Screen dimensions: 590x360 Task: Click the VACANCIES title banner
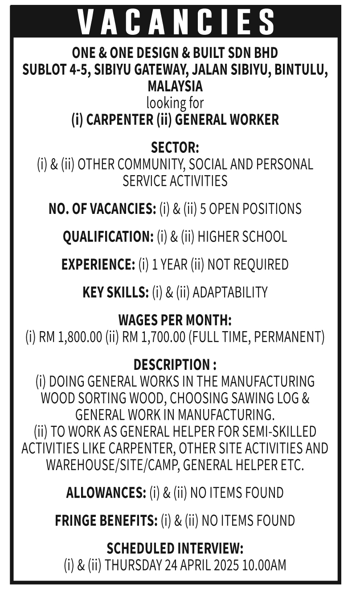(x=176, y=21)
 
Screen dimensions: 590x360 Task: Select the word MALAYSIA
(x=175, y=86)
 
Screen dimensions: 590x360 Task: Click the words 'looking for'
(x=175, y=103)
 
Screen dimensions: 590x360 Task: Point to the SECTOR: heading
(x=175, y=147)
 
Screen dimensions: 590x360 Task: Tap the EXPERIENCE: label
(x=98, y=265)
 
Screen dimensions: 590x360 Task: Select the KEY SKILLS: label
(x=115, y=292)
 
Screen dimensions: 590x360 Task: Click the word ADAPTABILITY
(x=230, y=292)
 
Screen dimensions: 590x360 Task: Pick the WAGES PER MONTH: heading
(x=175, y=320)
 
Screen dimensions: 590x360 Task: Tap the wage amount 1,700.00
(x=163, y=337)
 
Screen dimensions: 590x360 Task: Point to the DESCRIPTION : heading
(x=175, y=365)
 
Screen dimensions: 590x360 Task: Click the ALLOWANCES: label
(x=106, y=493)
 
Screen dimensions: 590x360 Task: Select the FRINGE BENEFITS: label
(x=106, y=520)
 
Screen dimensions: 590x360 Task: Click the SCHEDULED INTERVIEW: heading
(x=175, y=549)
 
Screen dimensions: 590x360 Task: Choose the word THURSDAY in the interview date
(x=134, y=565)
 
